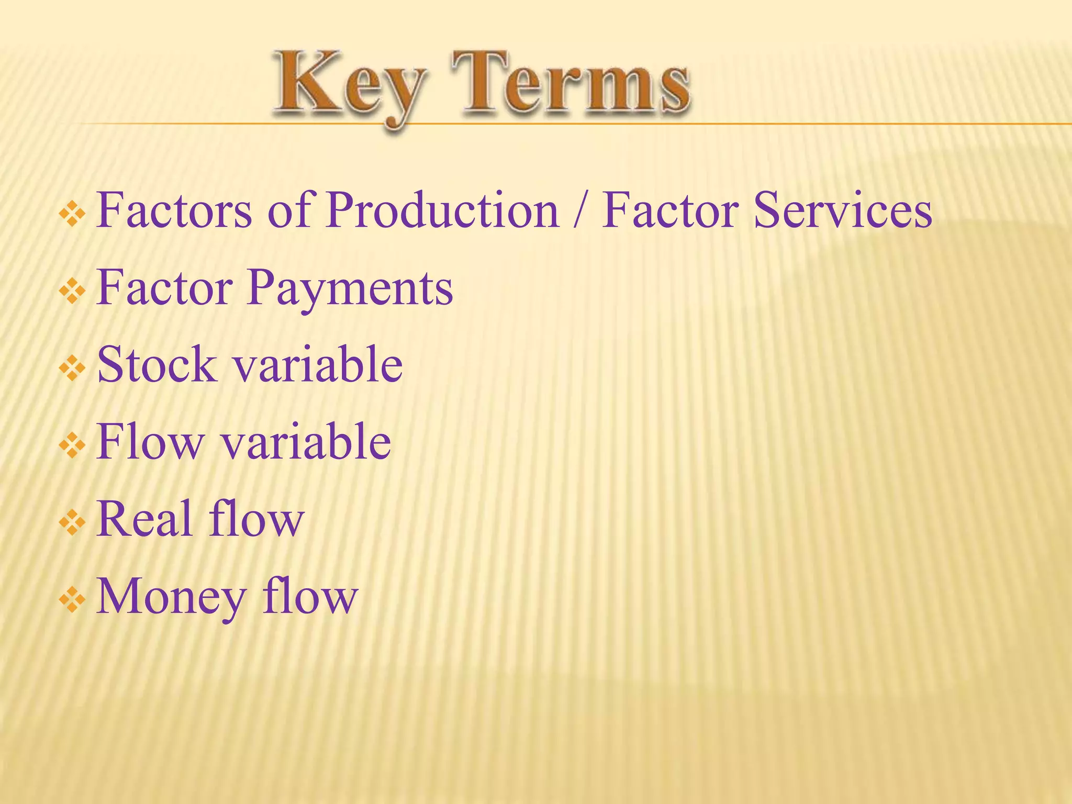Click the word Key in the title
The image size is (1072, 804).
point(348,86)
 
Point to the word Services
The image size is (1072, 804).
point(843,210)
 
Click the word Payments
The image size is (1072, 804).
point(350,288)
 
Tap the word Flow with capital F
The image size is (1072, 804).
point(150,442)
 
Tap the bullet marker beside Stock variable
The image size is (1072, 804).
point(72,369)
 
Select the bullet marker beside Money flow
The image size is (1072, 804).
point(72,601)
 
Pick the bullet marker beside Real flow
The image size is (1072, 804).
point(72,523)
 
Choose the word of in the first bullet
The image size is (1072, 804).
point(291,210)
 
